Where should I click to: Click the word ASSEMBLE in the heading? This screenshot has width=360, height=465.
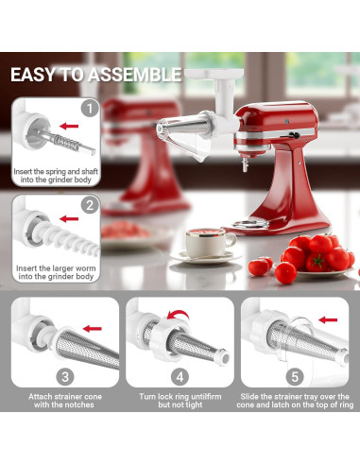click(136, 74)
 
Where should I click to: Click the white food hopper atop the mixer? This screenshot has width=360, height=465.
click(204, 88)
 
